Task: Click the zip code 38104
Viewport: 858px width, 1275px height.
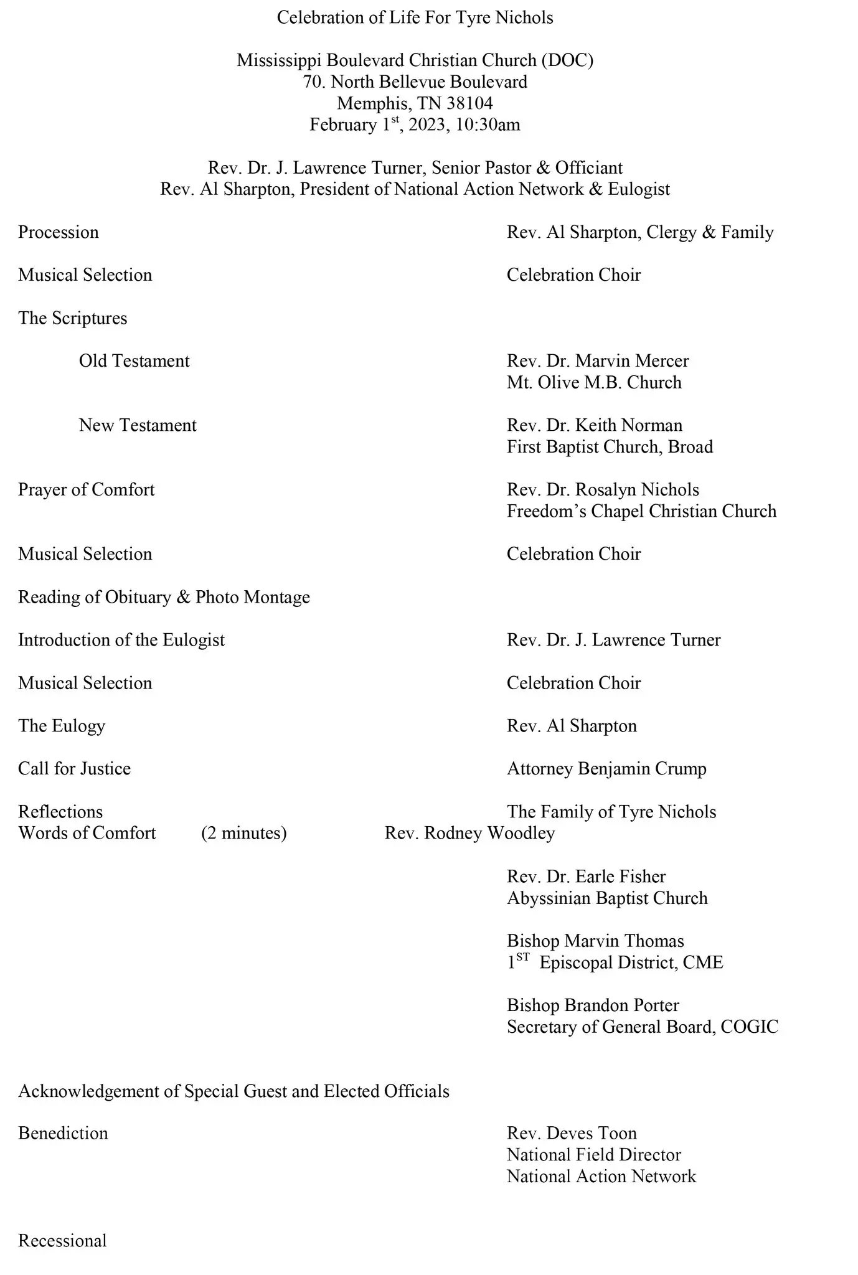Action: (x=469, y=103)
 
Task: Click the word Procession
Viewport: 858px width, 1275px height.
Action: (x=59, y=232)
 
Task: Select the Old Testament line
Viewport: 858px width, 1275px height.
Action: (x=134, y=361)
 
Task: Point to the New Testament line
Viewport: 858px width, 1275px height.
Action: (x=138, y=425)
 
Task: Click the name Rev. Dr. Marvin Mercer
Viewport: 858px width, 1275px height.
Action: (x=598, y=361)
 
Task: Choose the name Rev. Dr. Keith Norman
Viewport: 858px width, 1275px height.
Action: (x=594, y=425)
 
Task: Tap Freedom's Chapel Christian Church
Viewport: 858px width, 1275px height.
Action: (x=641, y=511)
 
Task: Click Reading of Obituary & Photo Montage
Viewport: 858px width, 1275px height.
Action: (x=164, y=597)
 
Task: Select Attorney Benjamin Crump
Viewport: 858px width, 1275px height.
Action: (x=606, y=769)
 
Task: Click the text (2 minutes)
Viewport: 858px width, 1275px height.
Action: (x=243, y=833)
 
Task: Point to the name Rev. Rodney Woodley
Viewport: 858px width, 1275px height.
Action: (x=469, y=833)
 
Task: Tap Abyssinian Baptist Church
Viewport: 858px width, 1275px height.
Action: (x=607, y=898)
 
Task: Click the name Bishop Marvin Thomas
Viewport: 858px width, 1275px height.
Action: (x=595, y=941)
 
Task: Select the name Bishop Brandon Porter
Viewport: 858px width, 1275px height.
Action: (x=593, y=1005)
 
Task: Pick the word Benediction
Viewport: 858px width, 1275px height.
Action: (x=63, y=1133)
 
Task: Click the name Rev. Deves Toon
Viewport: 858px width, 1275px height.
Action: (x=572, y=1133)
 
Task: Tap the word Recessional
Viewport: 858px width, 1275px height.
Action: (x=62, y=1241)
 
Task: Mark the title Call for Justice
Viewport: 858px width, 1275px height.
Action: (x=74, y=769)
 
